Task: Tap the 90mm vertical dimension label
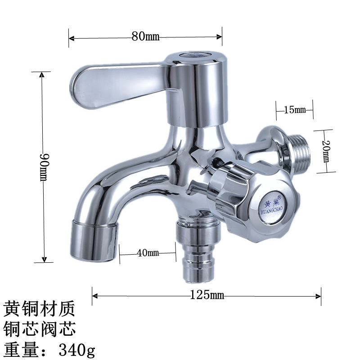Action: click(x=43, y=167)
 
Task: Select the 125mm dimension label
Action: click(x=207, y=295)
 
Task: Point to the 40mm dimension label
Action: click(x=148, y=253)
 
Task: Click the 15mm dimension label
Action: click(x=295, y=109)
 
